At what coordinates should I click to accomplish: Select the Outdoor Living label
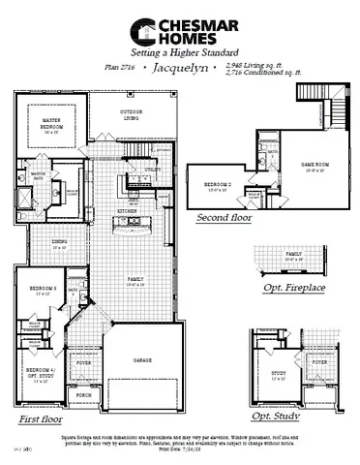132,113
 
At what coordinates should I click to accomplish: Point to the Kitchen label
128,209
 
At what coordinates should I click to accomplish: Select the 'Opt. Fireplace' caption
296,289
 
